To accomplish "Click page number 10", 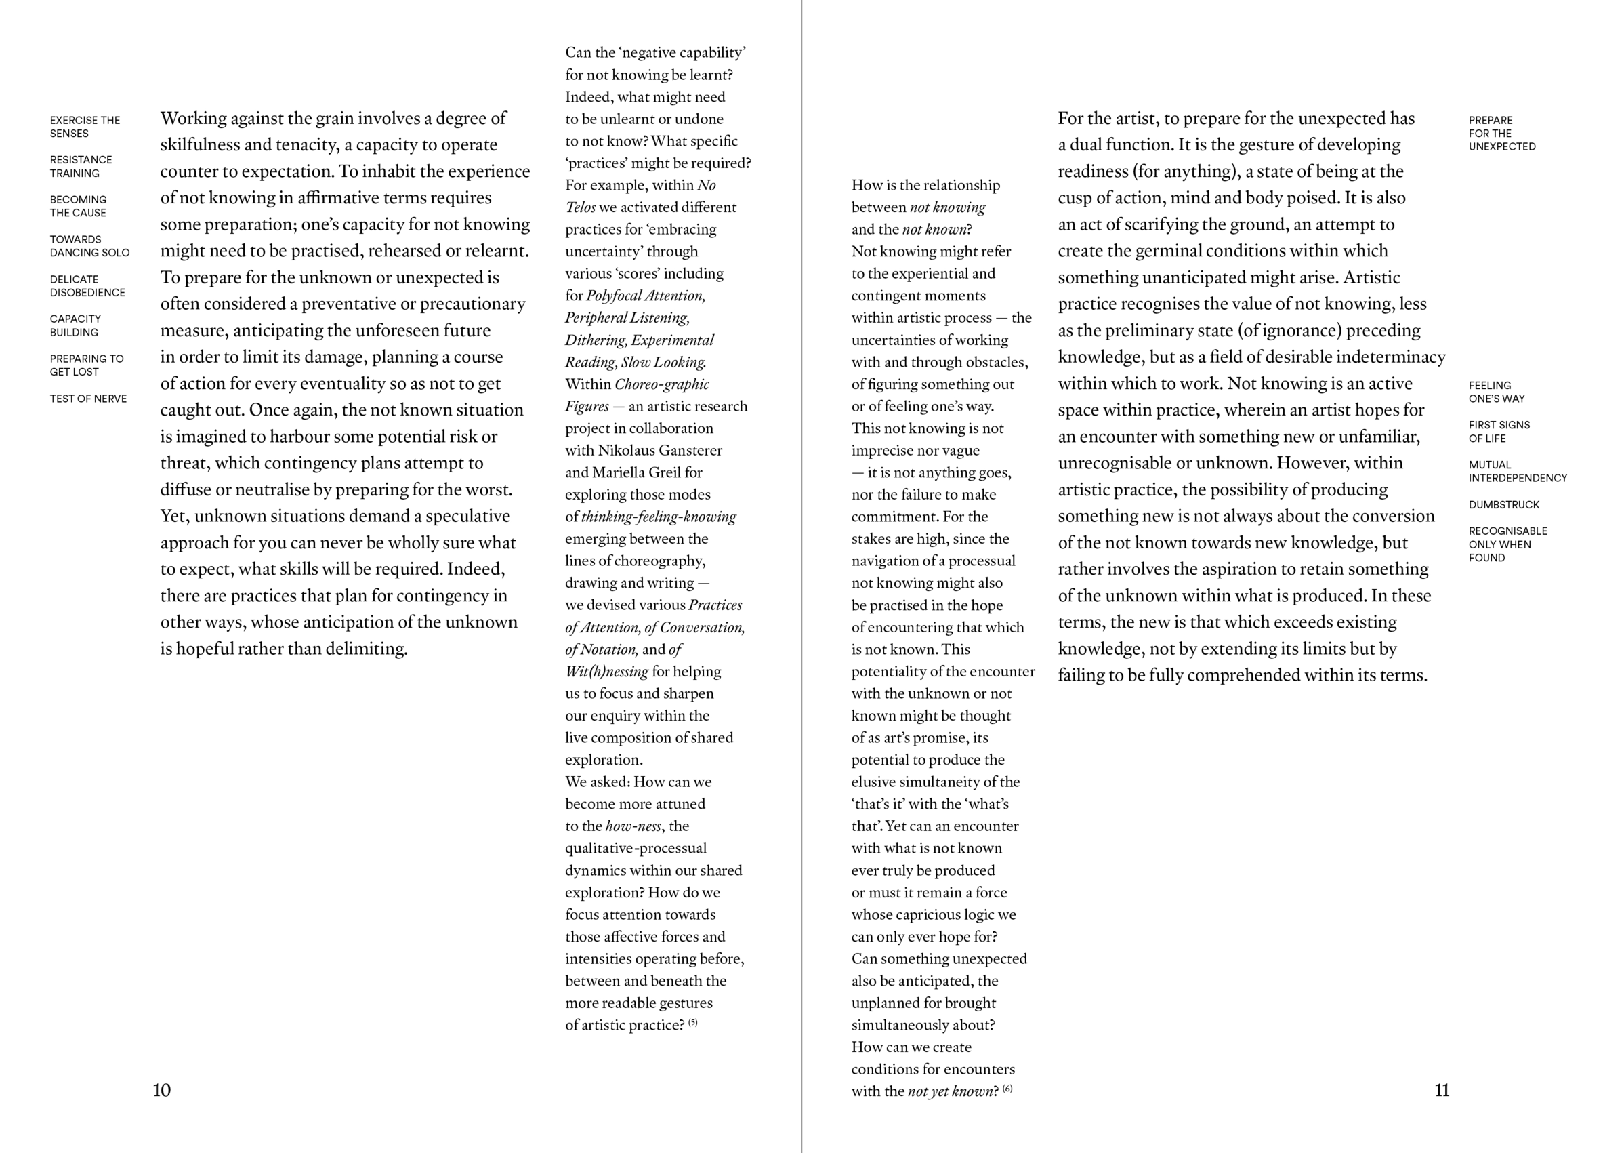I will [x=161, y=1090].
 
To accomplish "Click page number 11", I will [x=1442, y=1090].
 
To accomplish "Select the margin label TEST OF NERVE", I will [x=88, y=399].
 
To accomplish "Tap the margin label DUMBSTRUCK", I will [x=1503, y=505].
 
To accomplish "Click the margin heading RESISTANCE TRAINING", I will [x=81, y=166].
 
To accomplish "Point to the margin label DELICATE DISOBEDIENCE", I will [x=87, y=285].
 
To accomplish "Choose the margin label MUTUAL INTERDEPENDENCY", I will [x=1517, y=472].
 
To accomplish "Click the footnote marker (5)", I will [x=692, y=1022].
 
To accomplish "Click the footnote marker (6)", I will [x=1007, y=1089].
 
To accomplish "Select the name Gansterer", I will [x=689, y=450].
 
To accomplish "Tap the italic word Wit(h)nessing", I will [x=606, y=672].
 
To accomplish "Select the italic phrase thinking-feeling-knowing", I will [x=658, y=517].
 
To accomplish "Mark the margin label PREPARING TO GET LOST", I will [x=86, y=365].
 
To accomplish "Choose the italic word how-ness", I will [x=633, y=826].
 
